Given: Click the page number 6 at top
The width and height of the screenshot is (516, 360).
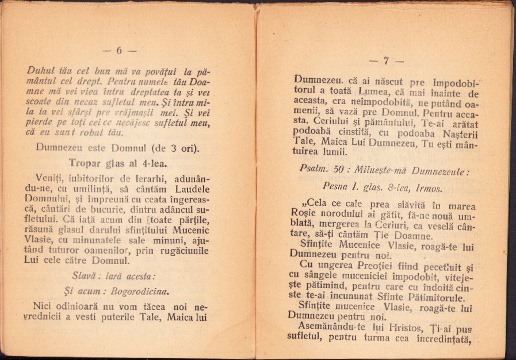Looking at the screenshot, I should (120, 51).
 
